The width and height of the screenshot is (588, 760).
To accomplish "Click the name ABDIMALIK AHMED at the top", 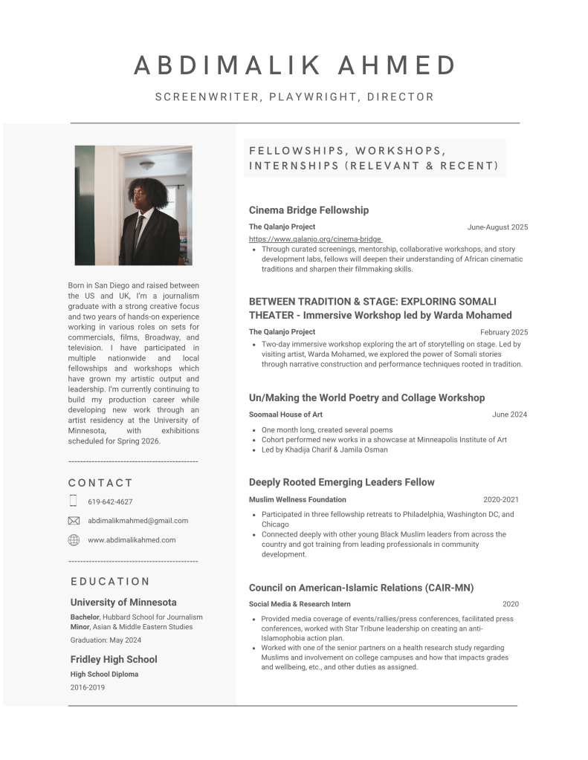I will tap(294, 65).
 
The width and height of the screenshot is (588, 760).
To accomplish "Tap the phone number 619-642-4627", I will tap(110, 501).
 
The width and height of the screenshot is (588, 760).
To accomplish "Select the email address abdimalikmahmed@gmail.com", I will tap(138, 521).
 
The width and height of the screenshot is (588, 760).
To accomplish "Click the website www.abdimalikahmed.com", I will tap(132, 540).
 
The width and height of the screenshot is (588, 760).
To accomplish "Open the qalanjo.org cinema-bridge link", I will tap(315, 239).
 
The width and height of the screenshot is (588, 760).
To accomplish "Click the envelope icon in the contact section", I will tap(74, 521).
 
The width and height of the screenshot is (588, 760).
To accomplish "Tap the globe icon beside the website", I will tap(74, 540).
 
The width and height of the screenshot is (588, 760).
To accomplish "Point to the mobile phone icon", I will tap(74, 501).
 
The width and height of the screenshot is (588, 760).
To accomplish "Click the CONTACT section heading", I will tap(100, 483).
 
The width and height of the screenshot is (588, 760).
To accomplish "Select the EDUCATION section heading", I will tap(110, 582).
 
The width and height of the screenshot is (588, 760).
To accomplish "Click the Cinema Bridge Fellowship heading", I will tap(308, 210).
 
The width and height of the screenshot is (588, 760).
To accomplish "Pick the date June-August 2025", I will tap(497, 227).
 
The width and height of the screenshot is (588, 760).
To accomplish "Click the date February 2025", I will tap(504, 332).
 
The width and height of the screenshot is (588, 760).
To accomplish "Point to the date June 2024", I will tap(509, 415).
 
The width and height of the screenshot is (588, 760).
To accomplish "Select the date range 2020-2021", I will tap(501, 500).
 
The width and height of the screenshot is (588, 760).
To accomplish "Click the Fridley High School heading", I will tap(114, 659).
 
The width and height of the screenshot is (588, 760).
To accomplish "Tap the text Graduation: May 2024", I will tap(106, 640).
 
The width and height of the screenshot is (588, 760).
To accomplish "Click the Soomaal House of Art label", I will tap(285, 415).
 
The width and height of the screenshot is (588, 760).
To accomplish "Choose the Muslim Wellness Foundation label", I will tap(297, 500).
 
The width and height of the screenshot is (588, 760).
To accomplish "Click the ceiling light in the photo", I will tap(147, 165).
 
